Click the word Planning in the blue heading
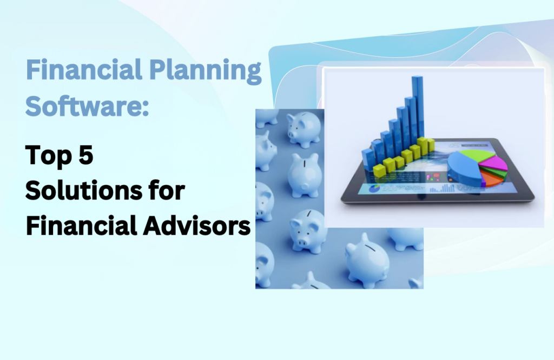click(x=205, y=71)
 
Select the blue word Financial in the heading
click(x=84, y=70)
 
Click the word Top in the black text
click(x=48, y=155)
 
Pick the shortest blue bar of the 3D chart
click(x=367, y=161)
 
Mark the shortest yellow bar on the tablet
click(x=379, y=170)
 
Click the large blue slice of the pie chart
click(x=464, y=168)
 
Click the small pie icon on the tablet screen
click(x=374, y=189)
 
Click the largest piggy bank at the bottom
click(x=367, y=261)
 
